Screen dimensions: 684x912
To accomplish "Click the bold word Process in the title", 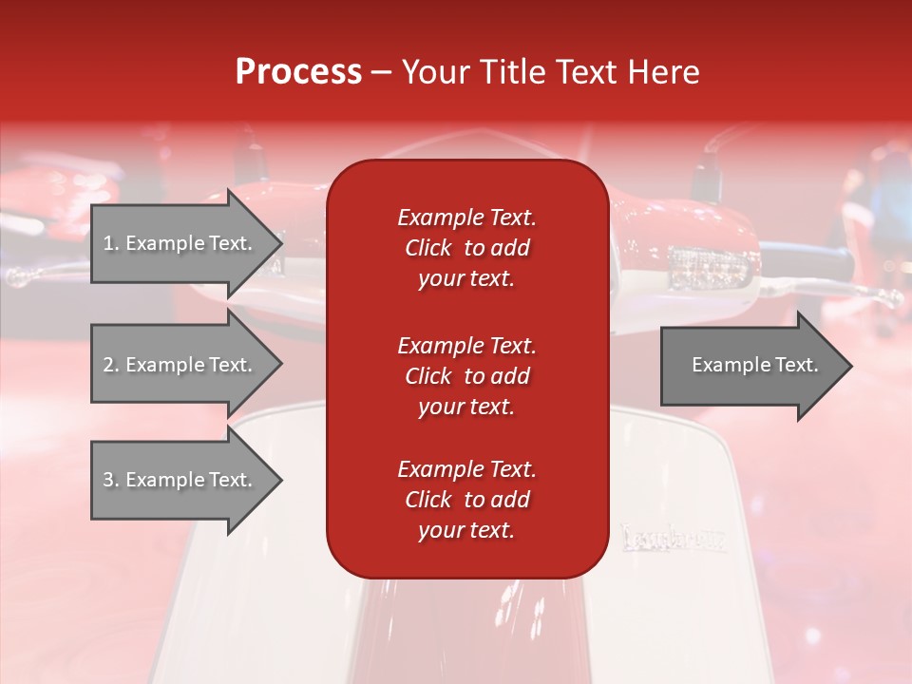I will click(x=298, y=72).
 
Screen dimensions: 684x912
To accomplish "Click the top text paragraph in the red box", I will click(x=466, y=248).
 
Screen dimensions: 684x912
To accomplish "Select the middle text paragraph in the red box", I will click(x=466, y=376).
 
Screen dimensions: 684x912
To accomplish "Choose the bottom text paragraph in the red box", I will click(x=466, y=500).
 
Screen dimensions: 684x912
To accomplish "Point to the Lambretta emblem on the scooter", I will click(x=674, y=539).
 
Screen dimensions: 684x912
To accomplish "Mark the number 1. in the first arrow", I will click(x=111, y=243).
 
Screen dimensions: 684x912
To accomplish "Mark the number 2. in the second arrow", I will click(x=111, y=365).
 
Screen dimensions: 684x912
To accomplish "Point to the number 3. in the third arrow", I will click(x=111, y=480).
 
